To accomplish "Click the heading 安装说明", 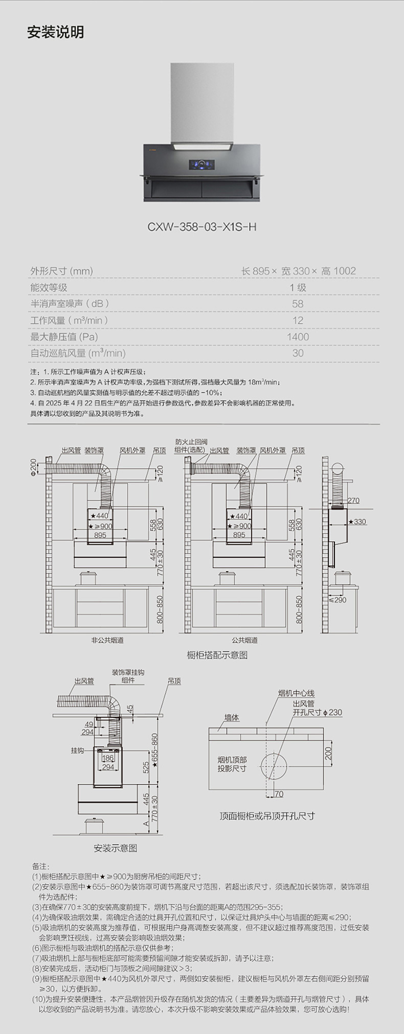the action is coord(55,32).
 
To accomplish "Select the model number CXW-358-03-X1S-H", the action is coord(201,226).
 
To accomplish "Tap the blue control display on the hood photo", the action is coord(202,165).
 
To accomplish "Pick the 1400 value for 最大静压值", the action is coord(298,337).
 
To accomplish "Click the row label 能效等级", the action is coord(49,288).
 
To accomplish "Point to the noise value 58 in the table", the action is coord(298,304).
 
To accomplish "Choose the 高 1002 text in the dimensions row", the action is coord(339,271).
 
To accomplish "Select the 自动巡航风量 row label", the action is coord(78,353).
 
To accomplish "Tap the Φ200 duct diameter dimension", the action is coord(34,466).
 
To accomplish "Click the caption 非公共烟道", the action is coord(107,640).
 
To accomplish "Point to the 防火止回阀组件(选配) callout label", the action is coord(191,445).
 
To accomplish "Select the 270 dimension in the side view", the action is coord(353,501).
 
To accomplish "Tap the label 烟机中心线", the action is coord(296,693).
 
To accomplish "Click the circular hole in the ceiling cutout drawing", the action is coord(274,766).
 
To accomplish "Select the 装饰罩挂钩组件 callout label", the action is coord(128,676).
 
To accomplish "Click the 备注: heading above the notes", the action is coord(41,866).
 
